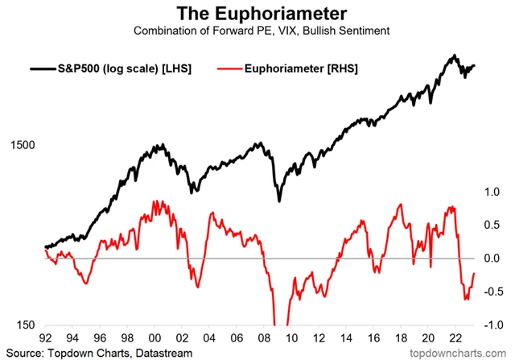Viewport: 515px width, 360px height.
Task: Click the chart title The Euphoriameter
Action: point(257,14)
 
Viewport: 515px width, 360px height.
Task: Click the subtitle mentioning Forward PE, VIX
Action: point(257,31)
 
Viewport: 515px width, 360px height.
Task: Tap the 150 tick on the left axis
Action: point(25,324)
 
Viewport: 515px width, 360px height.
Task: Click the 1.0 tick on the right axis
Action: point(490,192)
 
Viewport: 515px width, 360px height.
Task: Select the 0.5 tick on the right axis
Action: point(490,225)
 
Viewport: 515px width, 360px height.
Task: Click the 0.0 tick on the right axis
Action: point(490,258)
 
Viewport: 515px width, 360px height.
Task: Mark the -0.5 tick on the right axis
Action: point(488,291)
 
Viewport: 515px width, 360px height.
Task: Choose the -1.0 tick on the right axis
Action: point(488,324)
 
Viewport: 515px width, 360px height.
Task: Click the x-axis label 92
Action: point(46,340)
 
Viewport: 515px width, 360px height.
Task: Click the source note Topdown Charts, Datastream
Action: point(93,352)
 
